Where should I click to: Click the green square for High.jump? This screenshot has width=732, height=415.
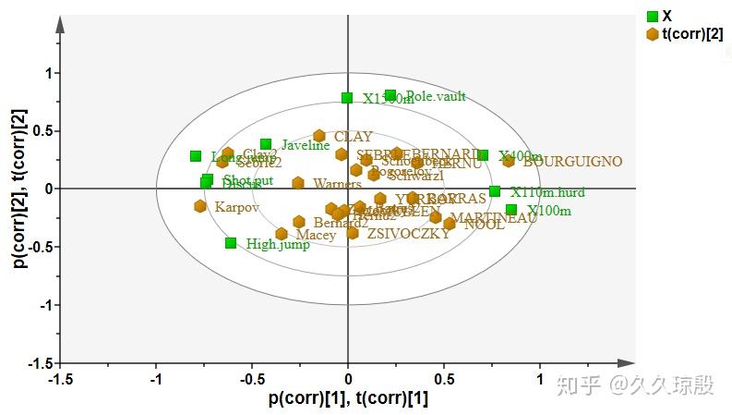231,243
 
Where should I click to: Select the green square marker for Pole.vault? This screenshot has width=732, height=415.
390,95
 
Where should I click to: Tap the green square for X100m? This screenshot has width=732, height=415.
511,210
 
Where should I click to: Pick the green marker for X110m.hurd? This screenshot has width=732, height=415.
495,191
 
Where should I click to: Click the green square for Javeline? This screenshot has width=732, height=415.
266,144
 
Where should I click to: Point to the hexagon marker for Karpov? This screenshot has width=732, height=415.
200,206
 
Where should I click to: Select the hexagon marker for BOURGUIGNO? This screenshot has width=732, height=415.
509,161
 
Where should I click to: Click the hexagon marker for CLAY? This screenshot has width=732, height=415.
319,136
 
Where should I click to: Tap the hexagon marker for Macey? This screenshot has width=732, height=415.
282,234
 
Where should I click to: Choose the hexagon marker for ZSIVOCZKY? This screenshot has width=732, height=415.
353,233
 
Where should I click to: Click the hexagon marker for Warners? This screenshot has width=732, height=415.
298,183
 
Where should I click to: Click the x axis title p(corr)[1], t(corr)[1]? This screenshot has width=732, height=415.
348,399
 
